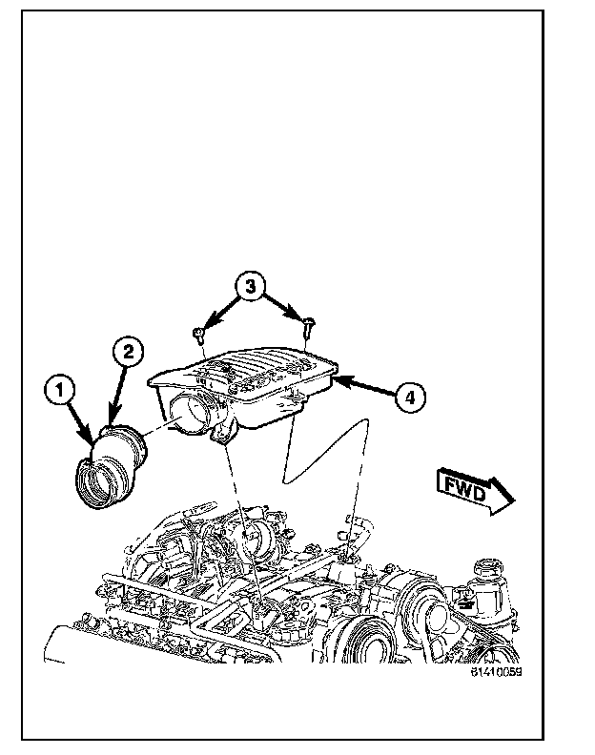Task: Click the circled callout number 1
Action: (59, 389)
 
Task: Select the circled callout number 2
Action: (128, 352)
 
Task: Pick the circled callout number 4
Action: (407, 398)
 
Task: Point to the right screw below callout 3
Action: (307, 327)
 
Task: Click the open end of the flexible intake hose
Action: (97, 481)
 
